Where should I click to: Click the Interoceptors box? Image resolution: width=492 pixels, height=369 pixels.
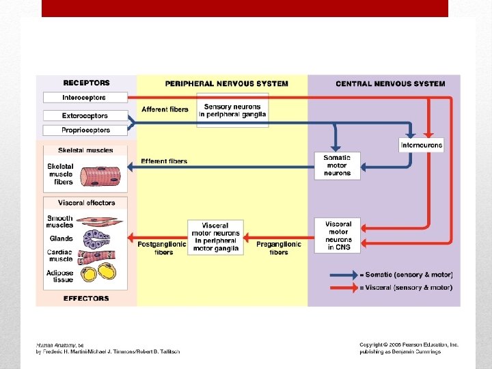(84, 98)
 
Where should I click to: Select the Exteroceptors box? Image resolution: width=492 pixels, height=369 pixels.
(84, 115)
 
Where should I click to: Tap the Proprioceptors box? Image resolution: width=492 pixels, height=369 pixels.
(84, 130)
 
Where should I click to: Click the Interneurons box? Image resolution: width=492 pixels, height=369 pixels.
(422, 145)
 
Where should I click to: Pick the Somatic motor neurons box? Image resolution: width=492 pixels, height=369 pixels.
(337, 165)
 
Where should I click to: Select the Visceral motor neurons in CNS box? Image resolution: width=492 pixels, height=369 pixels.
(338, 235)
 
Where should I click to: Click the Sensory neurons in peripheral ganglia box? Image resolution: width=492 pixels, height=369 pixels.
(232, 110)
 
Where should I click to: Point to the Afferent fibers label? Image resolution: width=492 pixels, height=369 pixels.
(165, 109)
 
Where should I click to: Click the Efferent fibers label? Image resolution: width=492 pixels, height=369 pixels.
(164, 161)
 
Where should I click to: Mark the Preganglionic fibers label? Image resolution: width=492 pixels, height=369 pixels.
(279, 248)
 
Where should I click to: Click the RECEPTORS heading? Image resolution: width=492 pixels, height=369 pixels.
(86, 83)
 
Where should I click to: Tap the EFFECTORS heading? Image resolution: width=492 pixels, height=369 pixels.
(86, 298)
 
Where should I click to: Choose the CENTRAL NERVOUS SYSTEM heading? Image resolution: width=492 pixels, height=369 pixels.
(390, 84)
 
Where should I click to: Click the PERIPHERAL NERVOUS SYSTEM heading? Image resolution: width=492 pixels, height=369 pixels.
(227, 84)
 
